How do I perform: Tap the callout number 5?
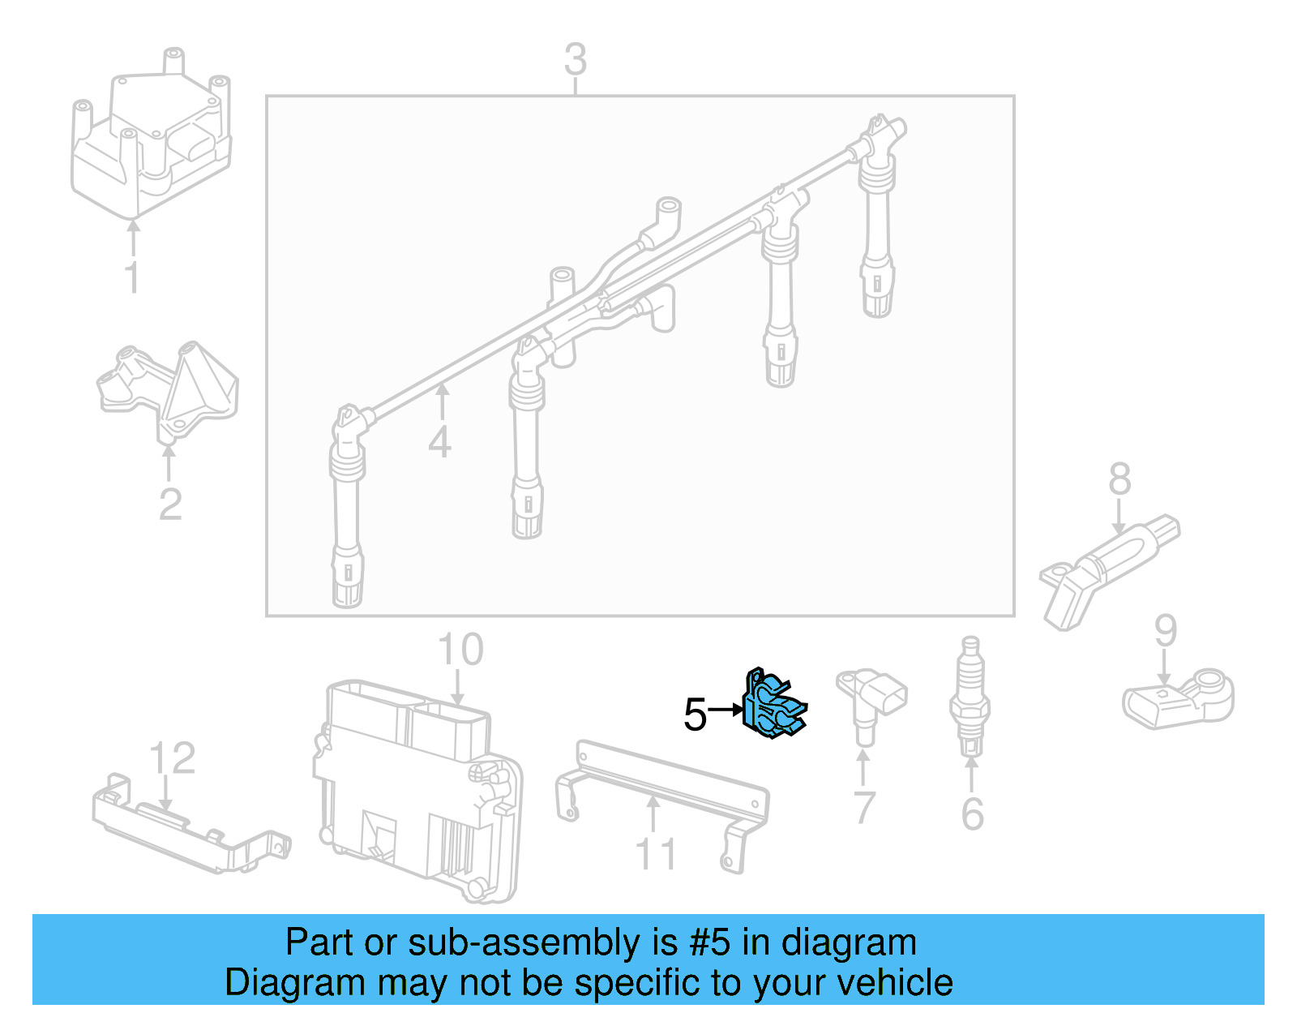coord(695,715)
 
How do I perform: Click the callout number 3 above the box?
coord(575,60)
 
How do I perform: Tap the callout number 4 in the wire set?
coord(439,443)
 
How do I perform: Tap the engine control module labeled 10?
coord(417,791)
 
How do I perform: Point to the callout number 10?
coord(460,650)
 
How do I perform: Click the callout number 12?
coord(172,759)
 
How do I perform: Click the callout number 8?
coord(1119,479)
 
